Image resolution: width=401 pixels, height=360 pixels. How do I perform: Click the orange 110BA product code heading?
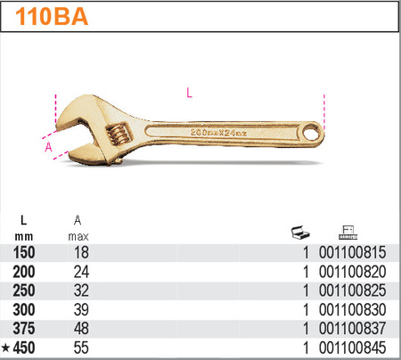tap(52, 16)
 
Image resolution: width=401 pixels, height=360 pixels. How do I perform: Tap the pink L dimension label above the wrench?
tap(189, 93)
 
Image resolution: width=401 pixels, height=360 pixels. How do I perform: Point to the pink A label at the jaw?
tap(48, 147)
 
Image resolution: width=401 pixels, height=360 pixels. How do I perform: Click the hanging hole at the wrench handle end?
tap(311, 132)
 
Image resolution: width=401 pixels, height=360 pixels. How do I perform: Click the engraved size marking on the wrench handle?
tap(218, 133)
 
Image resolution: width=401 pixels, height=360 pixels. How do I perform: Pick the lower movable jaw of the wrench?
tap(86, 154)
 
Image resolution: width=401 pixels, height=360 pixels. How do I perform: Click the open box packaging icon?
tap(300, 233)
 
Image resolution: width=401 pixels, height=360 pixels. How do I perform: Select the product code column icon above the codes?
tap(348, 233)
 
